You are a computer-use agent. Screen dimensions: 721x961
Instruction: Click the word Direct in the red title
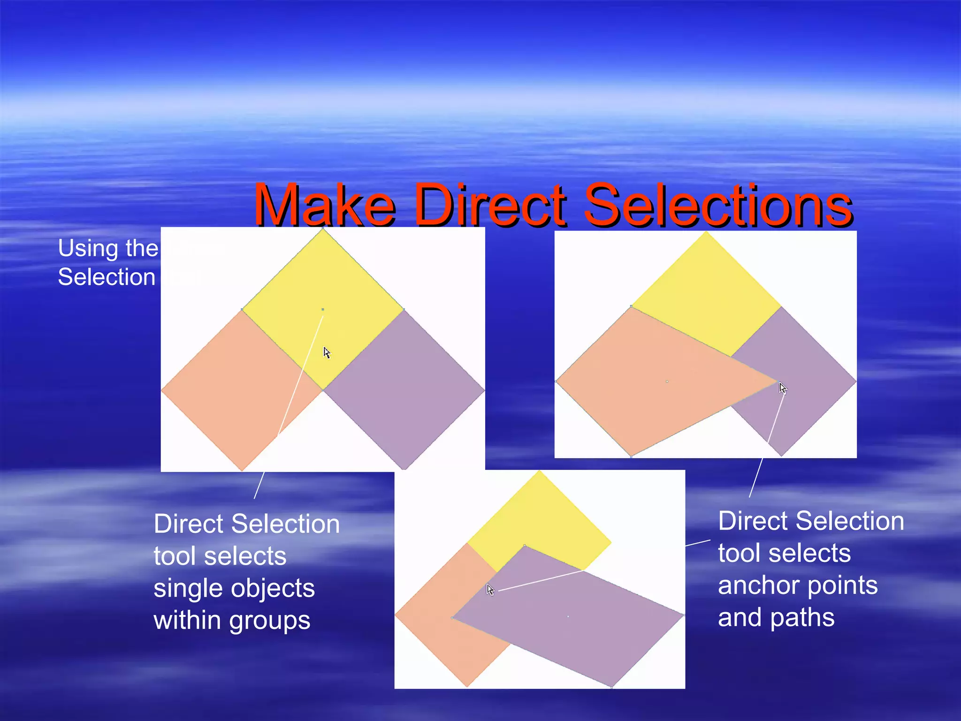click(491, 207)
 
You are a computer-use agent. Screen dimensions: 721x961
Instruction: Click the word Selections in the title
click(718, 207)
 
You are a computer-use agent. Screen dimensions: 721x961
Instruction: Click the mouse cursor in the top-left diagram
click(327, 353)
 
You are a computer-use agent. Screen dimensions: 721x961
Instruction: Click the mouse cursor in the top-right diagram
click(783, 389)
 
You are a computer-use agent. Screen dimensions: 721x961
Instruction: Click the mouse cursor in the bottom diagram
click(490, 590)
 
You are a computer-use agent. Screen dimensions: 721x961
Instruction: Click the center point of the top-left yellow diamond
click(323, 309)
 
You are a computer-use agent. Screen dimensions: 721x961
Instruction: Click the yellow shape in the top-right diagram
click(704, 296)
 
